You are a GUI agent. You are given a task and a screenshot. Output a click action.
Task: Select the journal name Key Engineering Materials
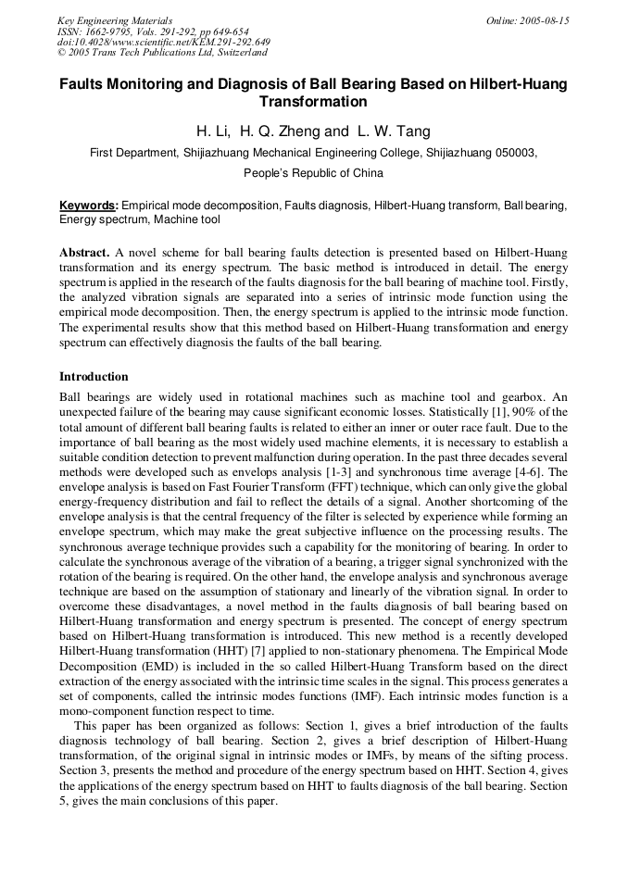point(115,20)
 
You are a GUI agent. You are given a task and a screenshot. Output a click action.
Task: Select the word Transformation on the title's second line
point(313,102)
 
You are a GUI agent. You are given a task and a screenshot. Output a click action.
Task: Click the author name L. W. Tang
point(394,131)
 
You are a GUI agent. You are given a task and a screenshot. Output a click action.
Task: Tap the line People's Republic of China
point(313,173)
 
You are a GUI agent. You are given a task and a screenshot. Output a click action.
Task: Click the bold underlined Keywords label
point(89,206)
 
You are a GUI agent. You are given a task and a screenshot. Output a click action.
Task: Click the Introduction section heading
point(94,377)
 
